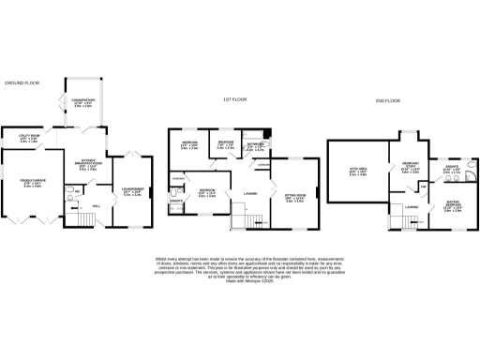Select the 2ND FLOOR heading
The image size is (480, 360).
pyautogui.click(x=387, y=100)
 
